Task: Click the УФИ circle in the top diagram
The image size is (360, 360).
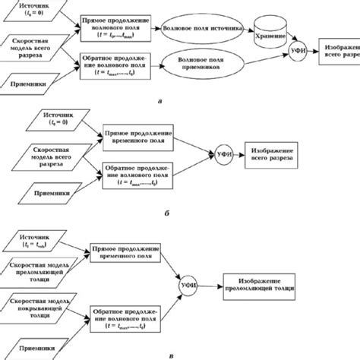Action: click(298, 54)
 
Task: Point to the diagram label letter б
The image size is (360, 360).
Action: click(166, 216)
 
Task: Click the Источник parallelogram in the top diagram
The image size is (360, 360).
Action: click(35, 11)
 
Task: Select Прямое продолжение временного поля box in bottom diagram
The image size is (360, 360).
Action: click(123, 254)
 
